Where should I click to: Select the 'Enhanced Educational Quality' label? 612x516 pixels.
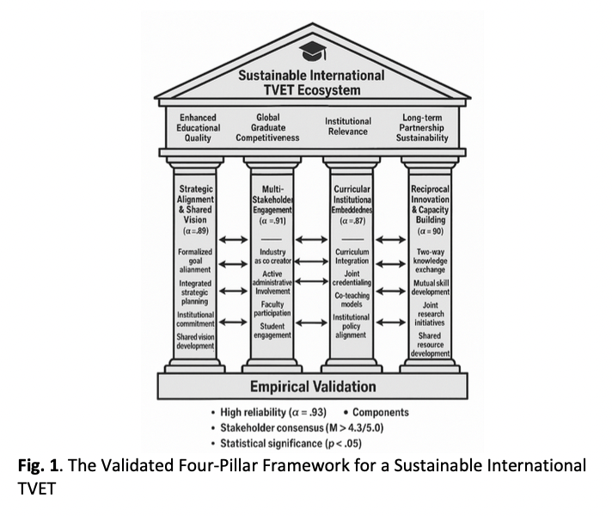(x=198, y=127)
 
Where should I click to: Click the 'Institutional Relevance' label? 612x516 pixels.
(x=348, y=127)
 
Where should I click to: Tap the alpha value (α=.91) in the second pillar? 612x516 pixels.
(x=273, y=220)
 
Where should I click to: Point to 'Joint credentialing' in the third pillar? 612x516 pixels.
(x=351, y=277)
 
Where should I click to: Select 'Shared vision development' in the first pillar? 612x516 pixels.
(x=197, y=341)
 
